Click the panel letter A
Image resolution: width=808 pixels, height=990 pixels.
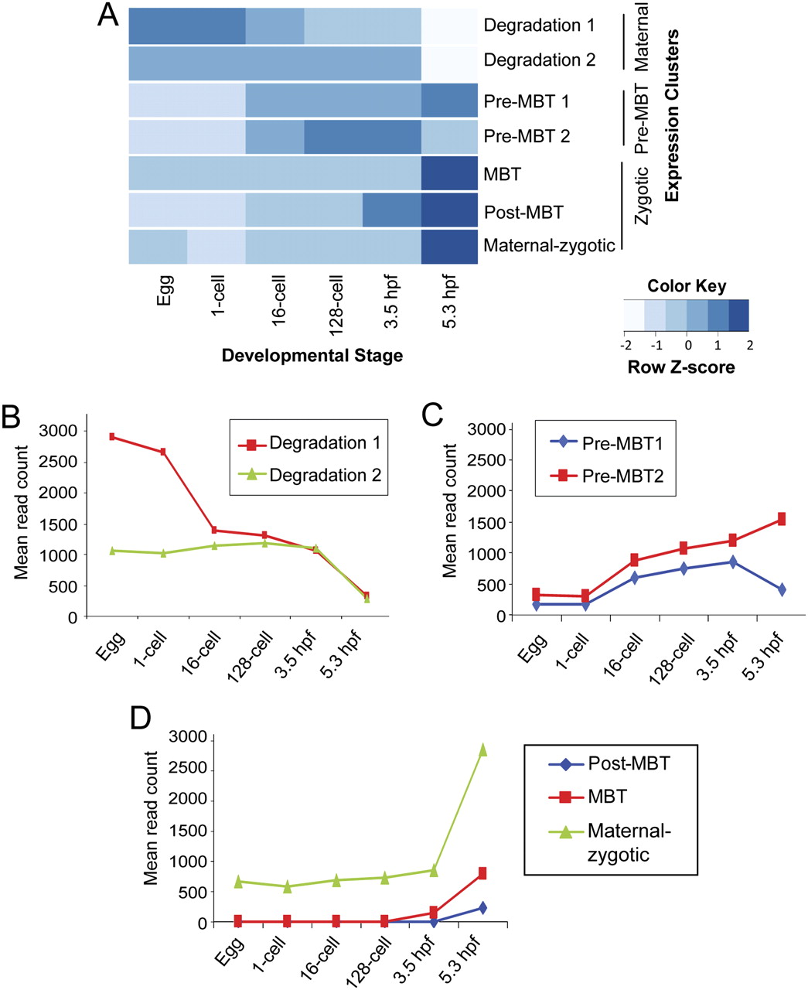coord(107,15)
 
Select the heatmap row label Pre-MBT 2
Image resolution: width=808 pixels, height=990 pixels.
coord(527,136)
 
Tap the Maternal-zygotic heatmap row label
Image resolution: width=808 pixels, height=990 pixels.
coord(549,246)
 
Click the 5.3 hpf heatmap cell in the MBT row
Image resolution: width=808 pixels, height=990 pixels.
coord(449,174)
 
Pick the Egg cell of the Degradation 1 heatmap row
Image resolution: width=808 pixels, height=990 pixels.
coord(158,26)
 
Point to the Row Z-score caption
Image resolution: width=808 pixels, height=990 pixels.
coord(681,367)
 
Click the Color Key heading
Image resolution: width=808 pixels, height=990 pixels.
coord(687,286)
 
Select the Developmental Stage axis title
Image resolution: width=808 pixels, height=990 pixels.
coord(312,356)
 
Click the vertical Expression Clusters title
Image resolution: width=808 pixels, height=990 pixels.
coord(672,116)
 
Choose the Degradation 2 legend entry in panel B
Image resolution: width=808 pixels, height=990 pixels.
coord(325,475)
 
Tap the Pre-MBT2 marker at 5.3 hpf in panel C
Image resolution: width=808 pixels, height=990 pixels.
coord(782,519)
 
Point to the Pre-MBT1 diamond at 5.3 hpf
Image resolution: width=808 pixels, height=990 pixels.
coord(782,589)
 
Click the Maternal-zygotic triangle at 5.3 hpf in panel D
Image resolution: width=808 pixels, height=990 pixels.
coord(482,749)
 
